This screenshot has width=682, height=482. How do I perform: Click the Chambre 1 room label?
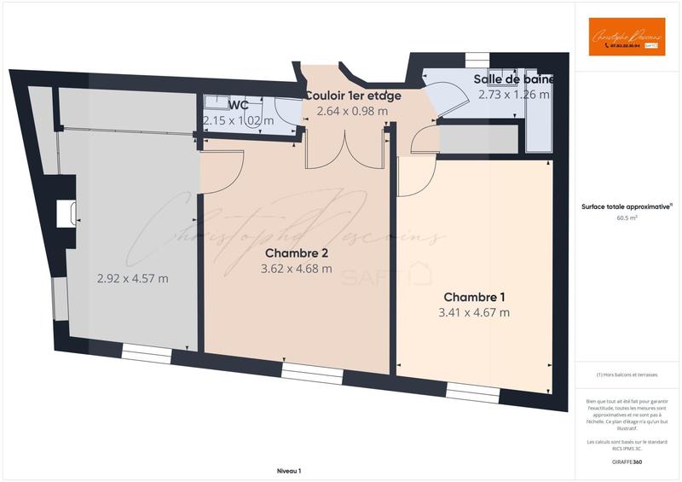[474, 297]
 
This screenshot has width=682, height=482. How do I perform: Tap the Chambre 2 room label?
[296, 253]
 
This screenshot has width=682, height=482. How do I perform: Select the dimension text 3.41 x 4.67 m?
[474, 313]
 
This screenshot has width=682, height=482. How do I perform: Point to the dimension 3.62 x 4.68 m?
[296, 269]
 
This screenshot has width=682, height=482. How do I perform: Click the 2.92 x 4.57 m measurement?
[132, 278]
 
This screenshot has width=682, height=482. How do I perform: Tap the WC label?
[239, 105]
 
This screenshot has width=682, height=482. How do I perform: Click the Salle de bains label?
[514, 79]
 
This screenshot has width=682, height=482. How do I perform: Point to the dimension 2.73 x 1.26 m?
[514, 95]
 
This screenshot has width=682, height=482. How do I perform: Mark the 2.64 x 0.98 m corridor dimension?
[352, 111]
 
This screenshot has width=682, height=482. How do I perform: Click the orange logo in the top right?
[627, 38]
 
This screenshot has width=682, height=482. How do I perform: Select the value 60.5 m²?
[627, 218]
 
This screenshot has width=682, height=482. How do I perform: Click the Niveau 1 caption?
[289, 471]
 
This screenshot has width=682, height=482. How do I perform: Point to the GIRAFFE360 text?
[627, 462]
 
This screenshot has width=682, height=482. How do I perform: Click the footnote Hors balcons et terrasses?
[627, 375]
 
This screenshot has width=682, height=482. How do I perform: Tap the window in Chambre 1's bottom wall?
[471, 392]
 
